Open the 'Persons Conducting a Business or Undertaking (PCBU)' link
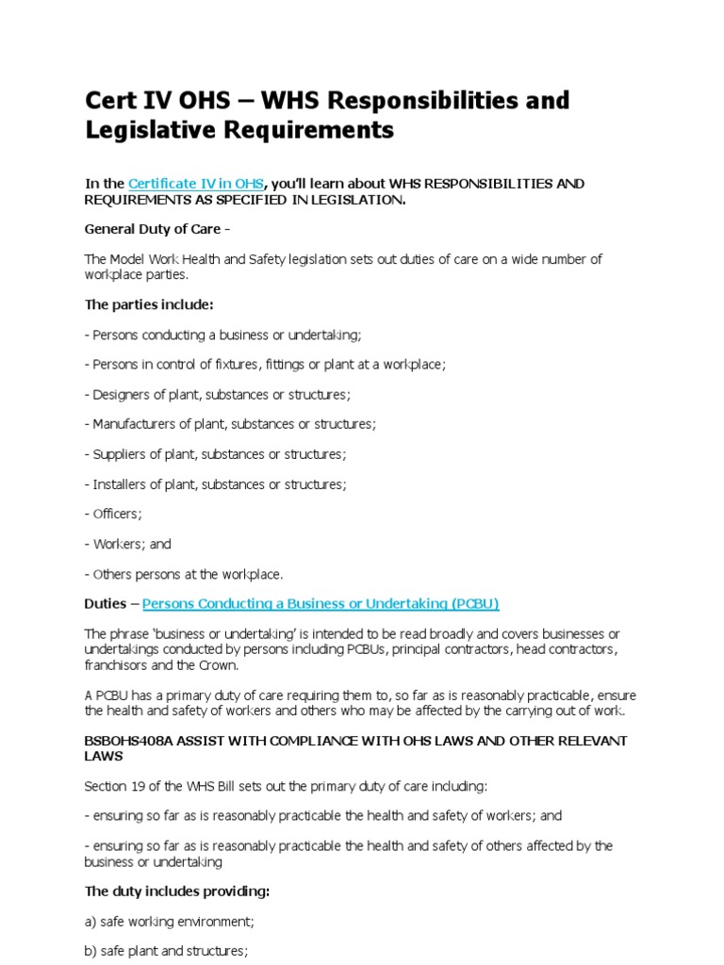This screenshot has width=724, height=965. pyautogui.click(x=321, y=603)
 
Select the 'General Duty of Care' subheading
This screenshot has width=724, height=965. pyautogui.click(x=153, y=229)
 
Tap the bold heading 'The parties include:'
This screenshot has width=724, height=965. pyautogui.click(x=149, y=304)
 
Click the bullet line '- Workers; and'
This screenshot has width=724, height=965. pyautogui.click(x=128, y=544)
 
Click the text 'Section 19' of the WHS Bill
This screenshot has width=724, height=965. pyautogui.click(x=115, y=786)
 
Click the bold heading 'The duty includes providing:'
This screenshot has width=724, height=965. pyautogui.click(x=176, y=891)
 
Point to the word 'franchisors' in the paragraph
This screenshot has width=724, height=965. pyautogui.click(x=118, y=664)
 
